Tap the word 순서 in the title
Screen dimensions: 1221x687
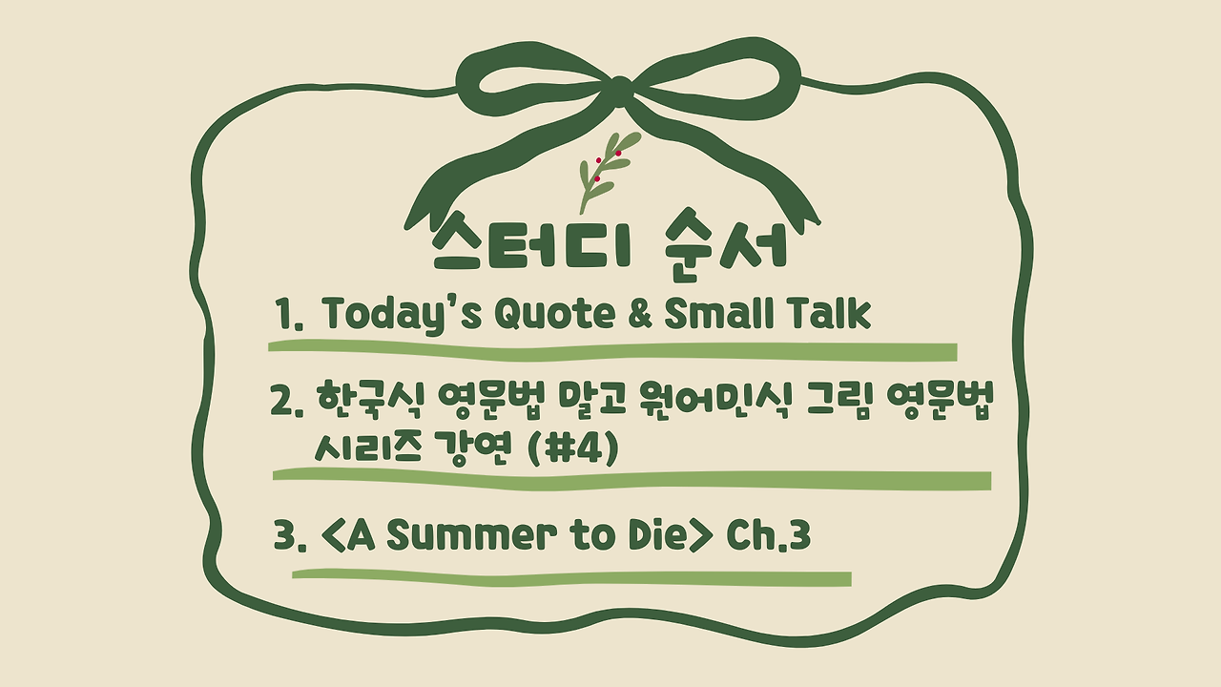(726, 245)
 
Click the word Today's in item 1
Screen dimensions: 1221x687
(403, 315)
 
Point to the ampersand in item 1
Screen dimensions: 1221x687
(639, 314)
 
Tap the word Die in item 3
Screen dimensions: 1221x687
(657, 535)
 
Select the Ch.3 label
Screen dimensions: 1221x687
(768, 535)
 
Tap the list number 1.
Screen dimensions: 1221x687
(284, 315)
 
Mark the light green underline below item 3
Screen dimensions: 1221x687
(571, 577)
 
